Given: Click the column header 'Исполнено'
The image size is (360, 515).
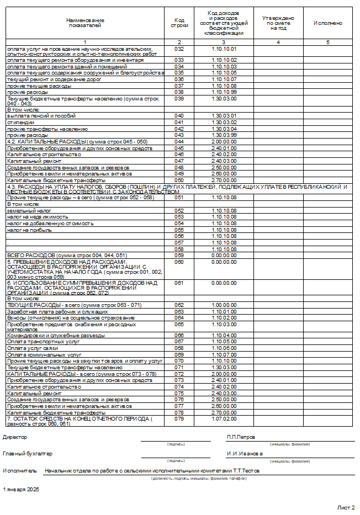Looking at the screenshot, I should (x=327, y=24).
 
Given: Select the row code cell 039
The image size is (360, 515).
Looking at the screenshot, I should (x=179, y=98).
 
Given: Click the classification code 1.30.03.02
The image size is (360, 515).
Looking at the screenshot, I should (x=224, y=122).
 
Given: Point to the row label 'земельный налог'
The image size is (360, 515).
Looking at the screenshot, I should (x=25, y=210).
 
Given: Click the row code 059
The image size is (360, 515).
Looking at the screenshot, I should (x=179, y=255).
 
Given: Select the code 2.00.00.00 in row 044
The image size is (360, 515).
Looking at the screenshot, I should (x=224, y=141).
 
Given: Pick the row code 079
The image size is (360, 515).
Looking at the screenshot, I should (x=179, y=419).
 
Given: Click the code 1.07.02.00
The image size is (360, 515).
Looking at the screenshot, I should (x=224, y=419).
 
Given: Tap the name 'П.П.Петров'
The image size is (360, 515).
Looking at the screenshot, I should (x=241, y=437).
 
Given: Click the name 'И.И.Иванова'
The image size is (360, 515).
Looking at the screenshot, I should (x=245, y=454).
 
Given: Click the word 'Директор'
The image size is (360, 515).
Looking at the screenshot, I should (x=15, y=437).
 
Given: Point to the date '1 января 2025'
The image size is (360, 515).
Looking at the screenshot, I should (x=21, y=490).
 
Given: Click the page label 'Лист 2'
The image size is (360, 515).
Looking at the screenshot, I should (x=346, y=507).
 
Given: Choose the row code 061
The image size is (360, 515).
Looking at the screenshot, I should (x=179, y=283).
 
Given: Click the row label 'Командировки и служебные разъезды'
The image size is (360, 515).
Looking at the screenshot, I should (x=55, y=335).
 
